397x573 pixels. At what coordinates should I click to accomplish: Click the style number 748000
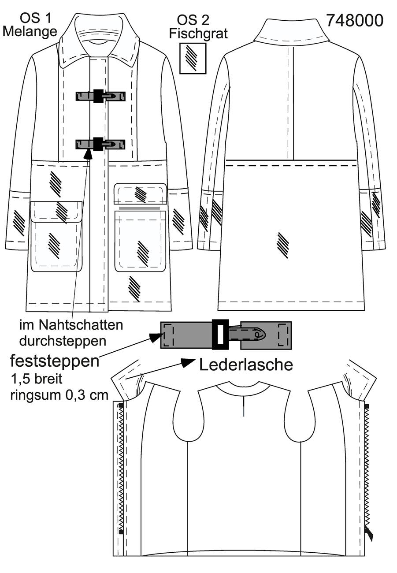point(355,20)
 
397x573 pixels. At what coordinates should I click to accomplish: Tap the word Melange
point(30,31)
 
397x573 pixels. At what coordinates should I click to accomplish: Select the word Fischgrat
point(198,33)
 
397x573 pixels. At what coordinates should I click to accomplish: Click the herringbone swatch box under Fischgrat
point(193,58)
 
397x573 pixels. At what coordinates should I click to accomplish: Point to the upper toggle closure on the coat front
point(100,96)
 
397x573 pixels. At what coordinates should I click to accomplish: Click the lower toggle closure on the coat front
point(100,144)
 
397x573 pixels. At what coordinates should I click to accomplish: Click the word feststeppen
point(55,361)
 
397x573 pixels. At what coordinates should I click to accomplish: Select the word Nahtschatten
point(82,325)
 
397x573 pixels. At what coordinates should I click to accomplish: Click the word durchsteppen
point(63,341)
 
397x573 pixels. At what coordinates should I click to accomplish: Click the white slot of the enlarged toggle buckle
point(220,335)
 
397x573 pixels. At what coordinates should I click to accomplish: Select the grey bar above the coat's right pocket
point(139,208)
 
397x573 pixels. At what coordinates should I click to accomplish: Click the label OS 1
point(36,18)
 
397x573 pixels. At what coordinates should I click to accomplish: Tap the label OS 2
point(193,20)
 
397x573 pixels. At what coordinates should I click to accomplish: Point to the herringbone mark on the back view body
point(283,245)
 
